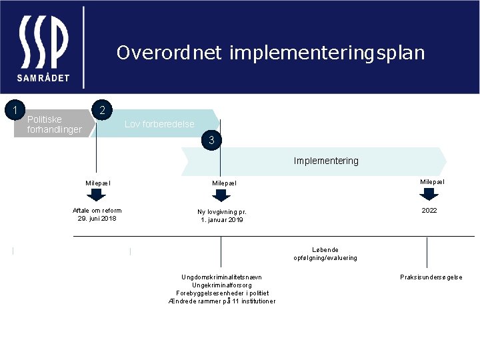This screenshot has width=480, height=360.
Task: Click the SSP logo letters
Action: (43, 41)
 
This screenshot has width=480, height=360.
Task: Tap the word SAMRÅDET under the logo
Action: (43, 77)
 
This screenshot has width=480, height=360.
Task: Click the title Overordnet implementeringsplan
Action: (270, 53)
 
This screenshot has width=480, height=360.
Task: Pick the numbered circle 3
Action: (211, 140)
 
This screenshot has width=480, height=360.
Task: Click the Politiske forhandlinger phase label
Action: (54, 124)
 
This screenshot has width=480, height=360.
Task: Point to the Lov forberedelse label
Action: (159, 124)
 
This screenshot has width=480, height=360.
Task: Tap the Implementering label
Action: (326, 161)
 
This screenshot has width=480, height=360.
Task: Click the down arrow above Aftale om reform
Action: (97, 195)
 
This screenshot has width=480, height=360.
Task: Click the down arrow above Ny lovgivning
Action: (221, 195)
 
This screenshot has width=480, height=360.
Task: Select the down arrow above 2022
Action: (429, 194)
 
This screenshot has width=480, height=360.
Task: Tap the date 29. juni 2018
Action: (97, 218)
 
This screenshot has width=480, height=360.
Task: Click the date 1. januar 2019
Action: (222, 220)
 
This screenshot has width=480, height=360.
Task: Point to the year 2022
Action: (429, 211)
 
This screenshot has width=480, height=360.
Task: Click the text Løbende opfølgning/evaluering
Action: (325, 253)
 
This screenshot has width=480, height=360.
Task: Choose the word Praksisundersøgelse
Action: (431, 277)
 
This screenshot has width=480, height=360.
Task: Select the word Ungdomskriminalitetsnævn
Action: (222, 277)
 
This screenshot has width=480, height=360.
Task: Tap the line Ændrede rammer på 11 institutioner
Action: (222, 301)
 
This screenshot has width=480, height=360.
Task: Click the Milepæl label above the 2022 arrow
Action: (432, 181)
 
